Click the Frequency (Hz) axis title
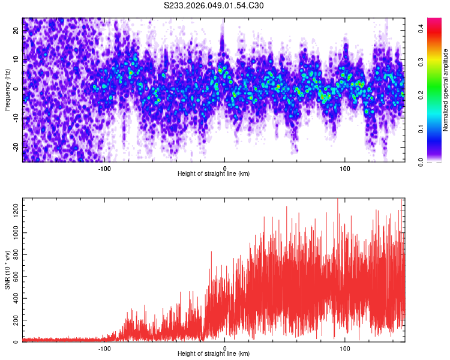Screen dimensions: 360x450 7,89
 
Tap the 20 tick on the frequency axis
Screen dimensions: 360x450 16,30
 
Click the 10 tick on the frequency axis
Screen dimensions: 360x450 16,59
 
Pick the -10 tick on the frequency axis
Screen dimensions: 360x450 15,118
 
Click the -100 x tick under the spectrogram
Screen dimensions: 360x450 104,168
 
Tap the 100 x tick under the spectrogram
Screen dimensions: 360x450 345,168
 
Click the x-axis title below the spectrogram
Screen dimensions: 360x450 214,174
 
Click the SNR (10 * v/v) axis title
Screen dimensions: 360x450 7,270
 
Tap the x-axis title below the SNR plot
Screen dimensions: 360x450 214,354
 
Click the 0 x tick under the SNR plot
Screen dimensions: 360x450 225,348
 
